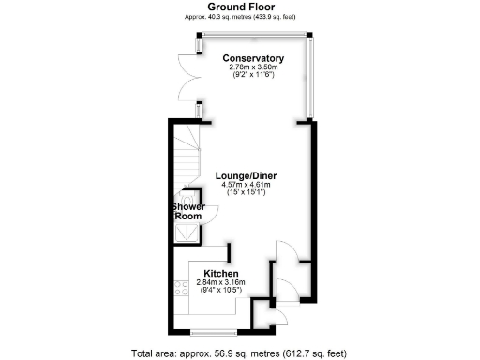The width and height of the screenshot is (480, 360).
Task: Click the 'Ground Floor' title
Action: tap(239, 7)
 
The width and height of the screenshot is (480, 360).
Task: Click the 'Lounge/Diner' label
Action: tap(246, 175)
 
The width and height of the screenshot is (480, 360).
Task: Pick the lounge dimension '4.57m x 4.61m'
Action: tap(246, 185)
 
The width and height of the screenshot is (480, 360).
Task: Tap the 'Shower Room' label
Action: tap(187, 211)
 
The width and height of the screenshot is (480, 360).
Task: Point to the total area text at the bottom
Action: tap(239, 353)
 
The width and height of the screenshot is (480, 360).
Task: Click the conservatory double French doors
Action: tap(188, 80)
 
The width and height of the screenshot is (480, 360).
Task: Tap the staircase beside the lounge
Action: tap(187, 155)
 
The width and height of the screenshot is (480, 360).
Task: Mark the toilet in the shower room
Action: tap(192, 198)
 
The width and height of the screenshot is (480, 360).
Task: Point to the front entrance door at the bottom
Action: tap(271, 316)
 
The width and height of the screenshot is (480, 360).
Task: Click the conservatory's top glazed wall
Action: tap(253, 37)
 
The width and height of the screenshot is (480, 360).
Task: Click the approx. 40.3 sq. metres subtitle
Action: tap(239, 17)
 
